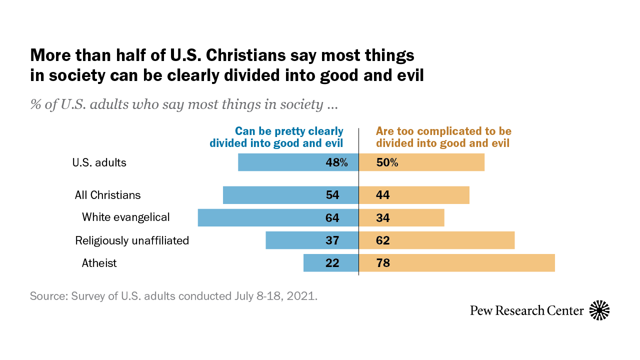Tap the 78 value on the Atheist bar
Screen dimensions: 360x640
(383, 263)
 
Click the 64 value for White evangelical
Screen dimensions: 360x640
(332, 218)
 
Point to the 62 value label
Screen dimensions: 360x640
(383, 240)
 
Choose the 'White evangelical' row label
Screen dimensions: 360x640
(126, 217)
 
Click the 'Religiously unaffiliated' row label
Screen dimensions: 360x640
(132, 240)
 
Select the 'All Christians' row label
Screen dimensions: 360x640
(107, 195)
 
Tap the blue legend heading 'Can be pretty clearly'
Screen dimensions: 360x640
(289, 131)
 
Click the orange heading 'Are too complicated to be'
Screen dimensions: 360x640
(443, 131)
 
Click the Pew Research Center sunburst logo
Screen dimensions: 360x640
(599, 310)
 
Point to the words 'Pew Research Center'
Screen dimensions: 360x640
(527, 310)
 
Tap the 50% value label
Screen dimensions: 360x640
(387, 162)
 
